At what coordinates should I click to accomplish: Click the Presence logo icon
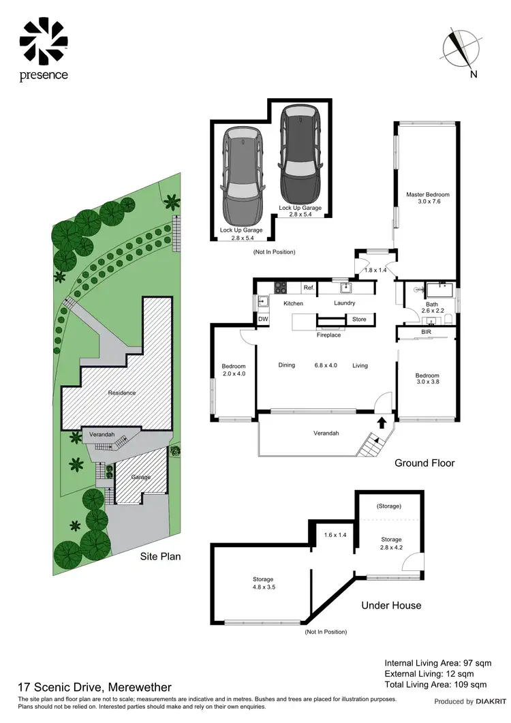point(44,40)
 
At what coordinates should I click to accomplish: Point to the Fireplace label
point(328,335)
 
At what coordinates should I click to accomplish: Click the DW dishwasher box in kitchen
point(262,319)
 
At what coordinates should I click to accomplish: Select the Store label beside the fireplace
point(358,319)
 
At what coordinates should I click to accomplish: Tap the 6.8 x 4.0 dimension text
point(324,365)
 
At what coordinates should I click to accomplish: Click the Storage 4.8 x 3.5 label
point(262,583)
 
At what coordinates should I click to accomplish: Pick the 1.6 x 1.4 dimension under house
point(335,535)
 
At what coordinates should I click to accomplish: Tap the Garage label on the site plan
point(141,477)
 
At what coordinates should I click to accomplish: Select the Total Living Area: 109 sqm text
point(435,683)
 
